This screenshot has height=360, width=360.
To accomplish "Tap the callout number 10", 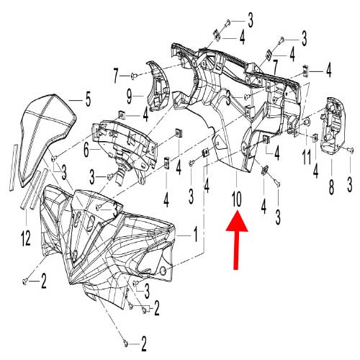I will tap(237, 195).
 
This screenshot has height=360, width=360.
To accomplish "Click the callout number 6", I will tap(86, 150).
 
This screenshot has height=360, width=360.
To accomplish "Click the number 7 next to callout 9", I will tap(115, 74).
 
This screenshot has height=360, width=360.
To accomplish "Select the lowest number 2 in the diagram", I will tap(144, 341).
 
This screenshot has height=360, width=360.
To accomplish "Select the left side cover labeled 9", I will tap(156, 86).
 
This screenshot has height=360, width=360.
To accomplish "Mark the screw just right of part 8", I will tap(351, 150).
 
